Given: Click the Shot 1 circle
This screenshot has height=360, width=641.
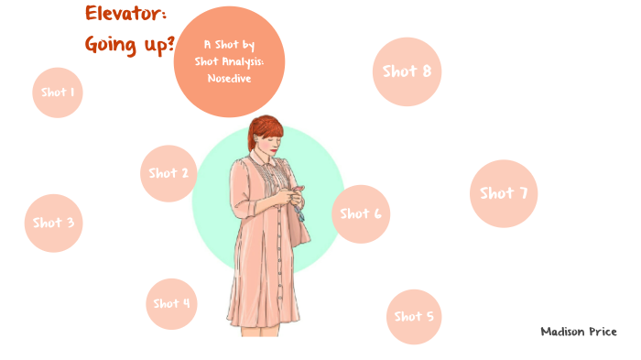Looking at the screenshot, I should pyautogui.click(x=58, y=93).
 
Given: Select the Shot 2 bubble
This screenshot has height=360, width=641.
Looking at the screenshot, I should pyautogui.click(x=168, y=173).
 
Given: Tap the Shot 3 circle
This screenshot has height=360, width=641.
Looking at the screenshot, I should pyautogui.click(x=54, y=223).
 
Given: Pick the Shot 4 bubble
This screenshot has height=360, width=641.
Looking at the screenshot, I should pyautogui.click(x=172, y=303).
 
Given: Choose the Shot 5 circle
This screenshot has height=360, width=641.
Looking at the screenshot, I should pyautogui.click(x=414, y=317).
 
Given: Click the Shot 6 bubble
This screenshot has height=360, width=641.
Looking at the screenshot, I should pyautogui.click(x=361, y=213).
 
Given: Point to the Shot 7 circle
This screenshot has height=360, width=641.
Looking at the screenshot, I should pyautogui.click(x=504, y=193).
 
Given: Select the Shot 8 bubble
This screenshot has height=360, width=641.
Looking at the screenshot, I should pyautogui.click(x=407, y=71).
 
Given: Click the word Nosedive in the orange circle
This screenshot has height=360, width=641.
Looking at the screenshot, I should pyautogui.click(x=229, y=79).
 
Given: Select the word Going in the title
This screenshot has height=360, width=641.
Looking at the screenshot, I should pyautogui.click(x=109, y=44).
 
